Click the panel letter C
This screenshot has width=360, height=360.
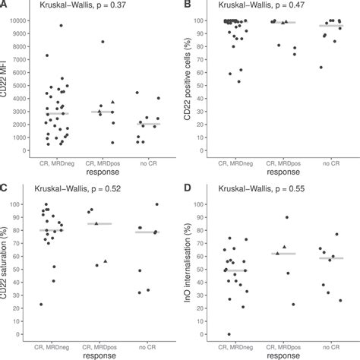coord(5,188)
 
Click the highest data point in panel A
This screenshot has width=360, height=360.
coord(62,26)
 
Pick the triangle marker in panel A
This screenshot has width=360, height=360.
coord(112,102)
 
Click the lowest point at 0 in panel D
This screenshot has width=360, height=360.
coord(229,334)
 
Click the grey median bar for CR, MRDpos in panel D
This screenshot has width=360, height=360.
coord(283,254)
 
